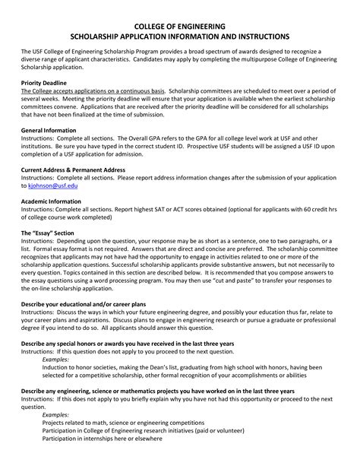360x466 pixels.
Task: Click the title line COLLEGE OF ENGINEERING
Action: coord(179,25)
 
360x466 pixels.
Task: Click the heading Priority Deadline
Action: coord(46,81)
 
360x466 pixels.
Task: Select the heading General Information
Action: coord(49,131)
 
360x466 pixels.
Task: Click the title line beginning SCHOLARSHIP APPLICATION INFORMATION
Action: coord(179,36)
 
